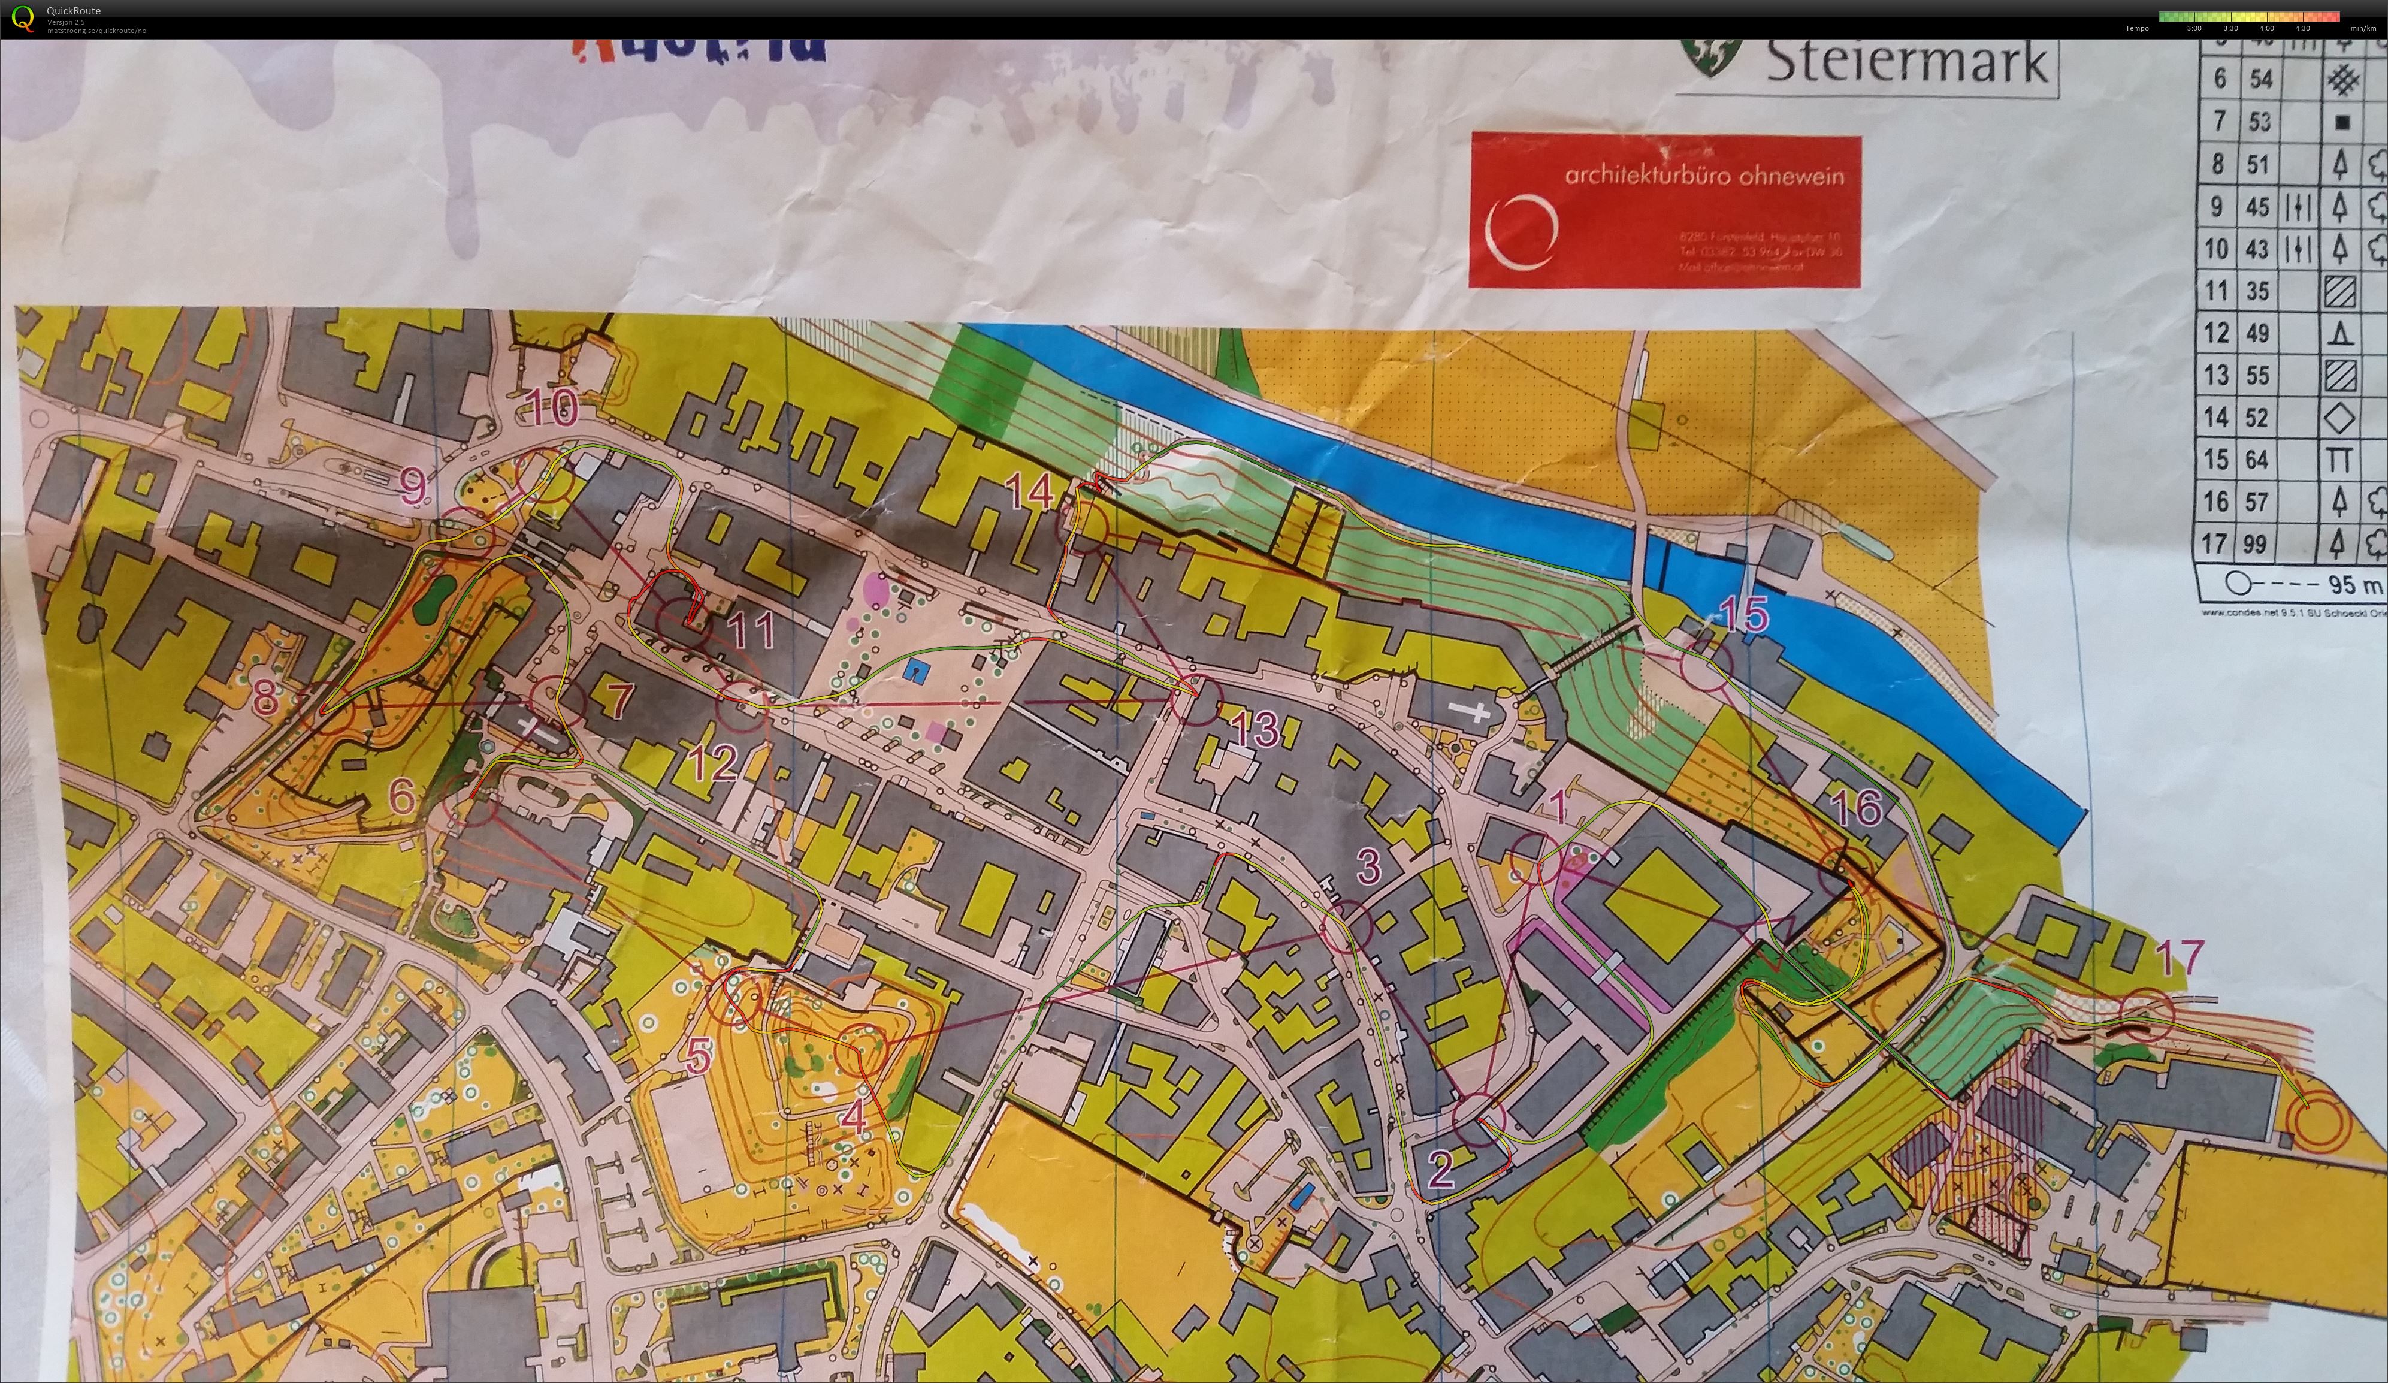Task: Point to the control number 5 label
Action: (x=699, y=1055)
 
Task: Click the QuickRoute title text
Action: (x=73, y=10)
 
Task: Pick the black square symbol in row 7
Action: (x=2341, y=122)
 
